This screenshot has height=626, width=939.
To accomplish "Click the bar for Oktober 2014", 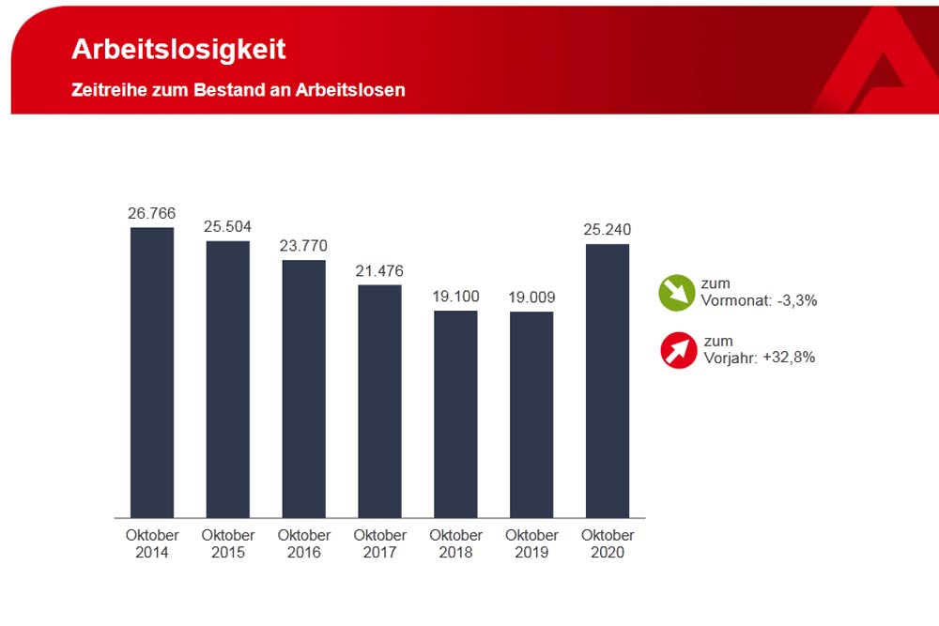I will pyautogui.click(x=152, y=373).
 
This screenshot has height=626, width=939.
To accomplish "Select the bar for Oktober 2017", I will pyautogui.click(x=379, y=401).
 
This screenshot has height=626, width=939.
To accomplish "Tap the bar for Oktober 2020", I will pyautogui.click(x=608, y=380).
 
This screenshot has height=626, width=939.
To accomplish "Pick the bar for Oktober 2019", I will pyautogui.click(x=531, y=414).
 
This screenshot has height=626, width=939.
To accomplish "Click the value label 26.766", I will pyautogui.click(x=152, y=214).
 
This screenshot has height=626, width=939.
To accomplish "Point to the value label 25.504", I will pyautogui.click(x=228, y=227).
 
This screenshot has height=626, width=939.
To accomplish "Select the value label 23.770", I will pyautogui.click(x=303, y=247).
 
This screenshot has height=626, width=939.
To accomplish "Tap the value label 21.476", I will pyautogui.click(x=379, y=271).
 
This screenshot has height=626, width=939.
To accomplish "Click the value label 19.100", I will pyautogui.click(x=455, y=297).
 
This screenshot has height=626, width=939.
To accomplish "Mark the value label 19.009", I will pyautogui.click(x=531, y=298).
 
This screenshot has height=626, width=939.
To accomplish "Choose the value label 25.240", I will pyautogui.click(x=608, y=231).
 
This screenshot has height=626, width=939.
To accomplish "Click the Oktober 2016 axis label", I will pyautogui.click(x=303, y=543).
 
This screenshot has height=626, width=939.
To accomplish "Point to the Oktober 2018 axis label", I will pyautogui.click(x=455, y=543).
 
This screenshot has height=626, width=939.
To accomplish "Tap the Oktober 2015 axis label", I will pyautogui.click(x=228, y=543).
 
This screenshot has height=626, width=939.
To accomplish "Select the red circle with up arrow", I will pyautogui.click(x=678, y=349).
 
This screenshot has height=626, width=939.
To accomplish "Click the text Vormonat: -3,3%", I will pyautogui.click(x=759, y=300).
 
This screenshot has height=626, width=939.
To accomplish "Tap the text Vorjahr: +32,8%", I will pyautogui.click(x=759, y=358).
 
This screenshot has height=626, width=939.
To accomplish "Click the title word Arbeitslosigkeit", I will pyautogui.click(x=179, y=50).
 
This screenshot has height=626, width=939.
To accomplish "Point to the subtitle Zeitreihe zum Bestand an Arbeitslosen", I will pyautogui.click(x=239, y=91).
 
